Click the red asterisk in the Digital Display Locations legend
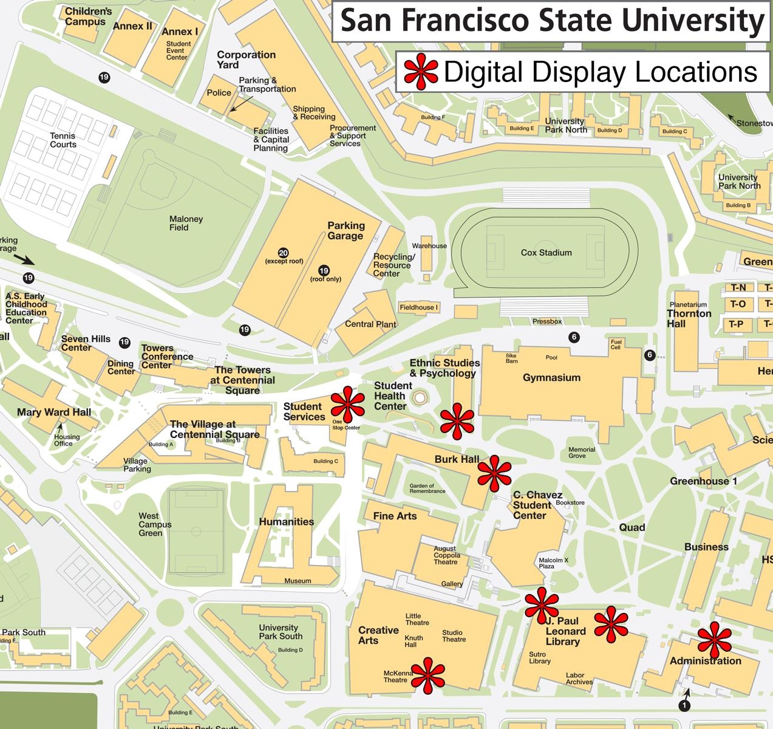click(421, 72)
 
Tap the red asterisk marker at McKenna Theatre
click(427, 675)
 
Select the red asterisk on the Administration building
click(714, 640)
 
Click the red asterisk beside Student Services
click(348, 404)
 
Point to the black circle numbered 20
click(283, 253)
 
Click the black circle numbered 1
click(684, 705)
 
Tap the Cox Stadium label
click(546, 253)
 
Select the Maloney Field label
click(186, 224)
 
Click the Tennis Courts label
click(63, 140)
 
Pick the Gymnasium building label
click(551, 377)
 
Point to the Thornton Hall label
click(689, 318)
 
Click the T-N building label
click(738, 287)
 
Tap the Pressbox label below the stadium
click(547, 321)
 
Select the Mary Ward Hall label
click(54, 412)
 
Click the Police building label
click(219, 93)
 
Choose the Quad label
click(632, 527)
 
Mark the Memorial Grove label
click(582, 453)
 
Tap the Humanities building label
click(286, 521)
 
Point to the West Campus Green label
click(155, 524)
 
